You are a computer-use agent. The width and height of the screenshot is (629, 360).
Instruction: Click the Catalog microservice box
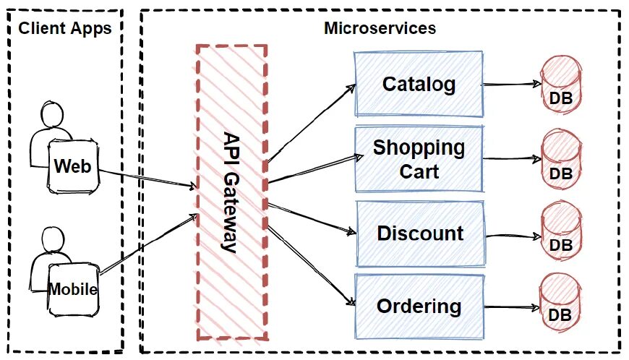coord(419,84)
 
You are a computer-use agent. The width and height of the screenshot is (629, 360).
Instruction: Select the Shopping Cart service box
coord(419,159)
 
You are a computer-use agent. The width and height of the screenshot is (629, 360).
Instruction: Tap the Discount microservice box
coord(420,233)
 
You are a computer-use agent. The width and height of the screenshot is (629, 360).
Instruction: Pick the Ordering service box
coord(419,306)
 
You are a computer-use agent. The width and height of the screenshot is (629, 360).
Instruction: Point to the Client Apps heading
coord(64,29)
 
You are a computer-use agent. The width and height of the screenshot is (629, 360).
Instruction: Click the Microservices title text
coord(380,29)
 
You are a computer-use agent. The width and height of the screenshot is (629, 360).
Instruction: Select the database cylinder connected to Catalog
coord(561,85)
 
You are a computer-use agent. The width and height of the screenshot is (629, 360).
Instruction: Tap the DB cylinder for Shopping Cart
coord(561,160)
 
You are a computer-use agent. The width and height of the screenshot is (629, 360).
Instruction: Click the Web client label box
coord(72,166)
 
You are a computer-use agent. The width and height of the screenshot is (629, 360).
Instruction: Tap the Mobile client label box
coord(73,290)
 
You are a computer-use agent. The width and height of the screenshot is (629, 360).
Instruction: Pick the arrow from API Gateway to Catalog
coord(311,124)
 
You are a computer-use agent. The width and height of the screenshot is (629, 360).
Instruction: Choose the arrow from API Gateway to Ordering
coord(311,264)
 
